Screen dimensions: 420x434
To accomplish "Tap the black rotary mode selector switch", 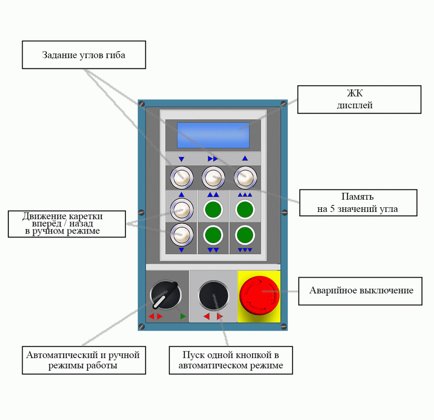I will click(165, 295).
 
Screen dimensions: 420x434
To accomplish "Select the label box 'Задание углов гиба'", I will click(83, 55).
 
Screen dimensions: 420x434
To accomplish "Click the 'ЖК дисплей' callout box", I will click(359, 100).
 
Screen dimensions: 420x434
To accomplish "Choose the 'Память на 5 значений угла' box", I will click(357, 203).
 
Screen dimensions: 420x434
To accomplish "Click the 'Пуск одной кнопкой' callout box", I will click(231, 360).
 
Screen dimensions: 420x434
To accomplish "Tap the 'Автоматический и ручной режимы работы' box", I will click(83, 360).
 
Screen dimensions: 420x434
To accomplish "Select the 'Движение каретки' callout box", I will click(67, 223).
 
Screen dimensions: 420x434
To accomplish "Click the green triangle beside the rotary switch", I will click(183, 316).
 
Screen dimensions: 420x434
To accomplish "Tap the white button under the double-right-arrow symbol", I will click(213, 178).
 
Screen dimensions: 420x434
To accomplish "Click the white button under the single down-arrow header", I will click(181, 178).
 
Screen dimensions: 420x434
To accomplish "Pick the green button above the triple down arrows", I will click(245, 234).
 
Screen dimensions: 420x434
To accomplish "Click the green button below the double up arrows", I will click(213, 209).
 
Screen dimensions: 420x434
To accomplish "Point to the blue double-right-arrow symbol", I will click(212, 159).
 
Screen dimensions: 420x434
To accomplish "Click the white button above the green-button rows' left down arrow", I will click(181, 234).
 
